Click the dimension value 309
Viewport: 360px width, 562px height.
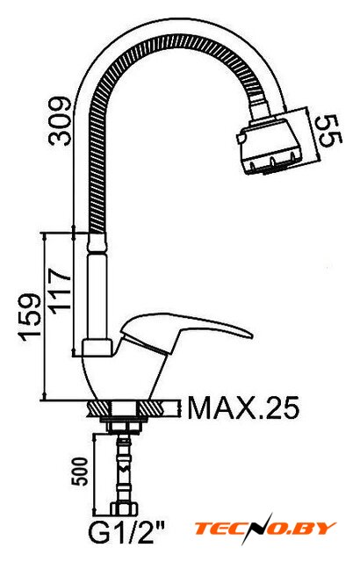(x=61, y=120)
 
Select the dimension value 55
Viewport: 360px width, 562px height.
(x=330, y=131)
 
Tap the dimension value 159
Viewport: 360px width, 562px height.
(x=30, y=317)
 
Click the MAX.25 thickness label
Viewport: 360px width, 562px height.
(x=243, y=407)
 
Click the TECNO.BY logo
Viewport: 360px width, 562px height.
(x=265, y=529)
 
